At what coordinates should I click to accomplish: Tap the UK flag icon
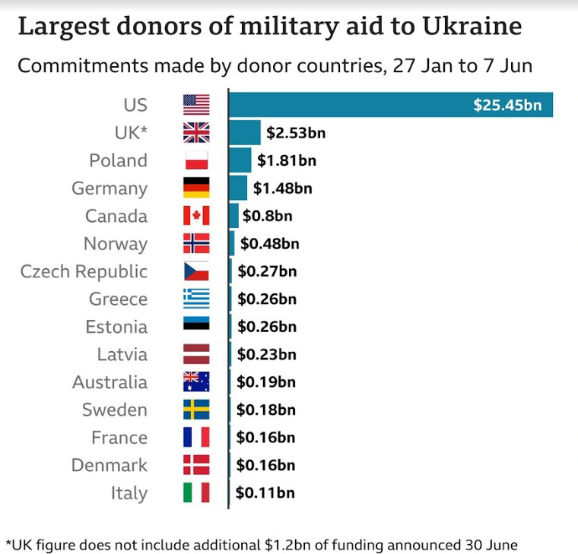[196, 132]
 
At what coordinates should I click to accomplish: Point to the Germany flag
[196, 188]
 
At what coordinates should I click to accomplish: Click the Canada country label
[116, 216]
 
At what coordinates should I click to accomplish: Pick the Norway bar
[232, 243]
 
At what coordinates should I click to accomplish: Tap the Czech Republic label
[84, 271]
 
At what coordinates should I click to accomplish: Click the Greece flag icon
[196, 299]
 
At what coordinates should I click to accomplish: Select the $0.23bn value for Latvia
[266, 354]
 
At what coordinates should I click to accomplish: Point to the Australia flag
[196, 381]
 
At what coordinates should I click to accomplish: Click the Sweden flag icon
[196, 410]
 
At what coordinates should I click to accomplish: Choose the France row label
[119, 438]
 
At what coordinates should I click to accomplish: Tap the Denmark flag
[196, 465]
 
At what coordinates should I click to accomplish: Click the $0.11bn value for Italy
[265, 492]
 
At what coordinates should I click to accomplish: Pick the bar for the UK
[245, 132]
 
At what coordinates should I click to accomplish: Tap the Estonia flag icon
[196, 327]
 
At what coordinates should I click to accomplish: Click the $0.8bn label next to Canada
[267, 216]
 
